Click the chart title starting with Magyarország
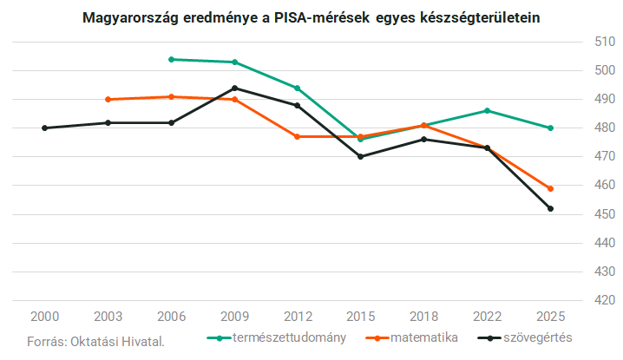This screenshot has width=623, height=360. (x=311, y=18)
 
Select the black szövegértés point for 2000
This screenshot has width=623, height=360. (x=44, y=128)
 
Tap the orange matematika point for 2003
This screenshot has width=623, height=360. (x=108, y=100)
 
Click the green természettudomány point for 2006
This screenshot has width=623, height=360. (x=171, y=60)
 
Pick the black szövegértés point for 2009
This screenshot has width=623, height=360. (x=235, y=88)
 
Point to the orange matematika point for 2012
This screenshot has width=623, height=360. (x=298, y=137)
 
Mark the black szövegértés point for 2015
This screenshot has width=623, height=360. (x=361, y=156)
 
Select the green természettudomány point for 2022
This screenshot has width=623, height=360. (x=487, y=111)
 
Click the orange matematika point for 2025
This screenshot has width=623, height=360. (x=551, y=189)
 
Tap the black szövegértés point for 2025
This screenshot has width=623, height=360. (x=551, y=208)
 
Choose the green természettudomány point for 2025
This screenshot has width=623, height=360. (x=551, y=128)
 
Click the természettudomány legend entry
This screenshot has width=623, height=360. (x=277, y=337)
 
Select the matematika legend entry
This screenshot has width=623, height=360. (x=411, y=337)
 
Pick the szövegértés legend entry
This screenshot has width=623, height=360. (x=525, y=337)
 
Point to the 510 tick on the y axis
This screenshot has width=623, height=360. (x=605, y=42)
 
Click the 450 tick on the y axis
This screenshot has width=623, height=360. (x=605, y=214)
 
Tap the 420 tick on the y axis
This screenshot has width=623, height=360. (x=605, y=300)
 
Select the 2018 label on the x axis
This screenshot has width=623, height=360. (x=424, y=317)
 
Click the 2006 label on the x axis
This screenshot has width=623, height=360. (x=171, y=317)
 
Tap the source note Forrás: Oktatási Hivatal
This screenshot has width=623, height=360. (x=95, y=342)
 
